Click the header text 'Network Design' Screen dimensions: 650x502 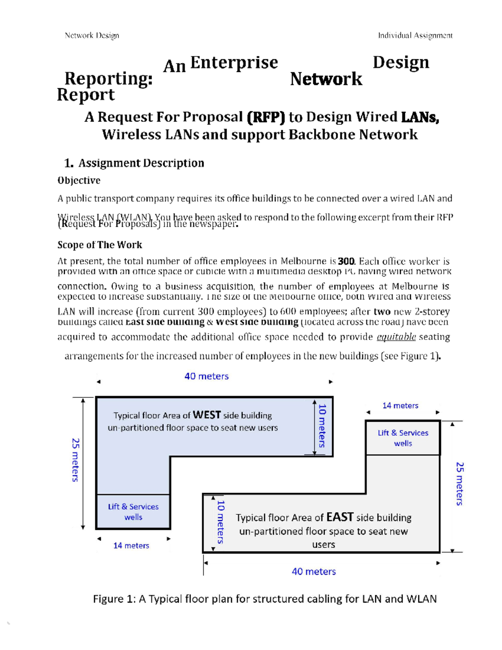(92, 36)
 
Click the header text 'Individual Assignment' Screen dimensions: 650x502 (415, 36)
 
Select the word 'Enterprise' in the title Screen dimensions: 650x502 (234, 63)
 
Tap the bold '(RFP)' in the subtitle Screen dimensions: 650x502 (266, 117)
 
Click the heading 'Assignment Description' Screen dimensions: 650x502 (141, 163)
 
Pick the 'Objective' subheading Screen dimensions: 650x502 (79, 180)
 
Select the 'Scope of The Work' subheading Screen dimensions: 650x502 (100, 245)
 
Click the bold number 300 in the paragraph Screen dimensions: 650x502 (346, 262)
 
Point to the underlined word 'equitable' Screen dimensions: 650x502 (396, 337)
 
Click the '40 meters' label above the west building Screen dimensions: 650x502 (207, 376)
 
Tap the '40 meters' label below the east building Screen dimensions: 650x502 (314, 571)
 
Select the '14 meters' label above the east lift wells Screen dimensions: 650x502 (400, 406)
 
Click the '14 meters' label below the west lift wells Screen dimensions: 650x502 (131, 545)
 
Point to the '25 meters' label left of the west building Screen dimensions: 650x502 (75, 460)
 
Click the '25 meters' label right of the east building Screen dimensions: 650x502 (459, 484)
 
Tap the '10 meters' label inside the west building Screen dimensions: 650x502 (322, 426)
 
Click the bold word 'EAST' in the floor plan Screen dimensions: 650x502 (340, 517)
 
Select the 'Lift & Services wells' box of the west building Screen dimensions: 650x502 (133, 512)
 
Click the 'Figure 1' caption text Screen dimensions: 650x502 (264, 599)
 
